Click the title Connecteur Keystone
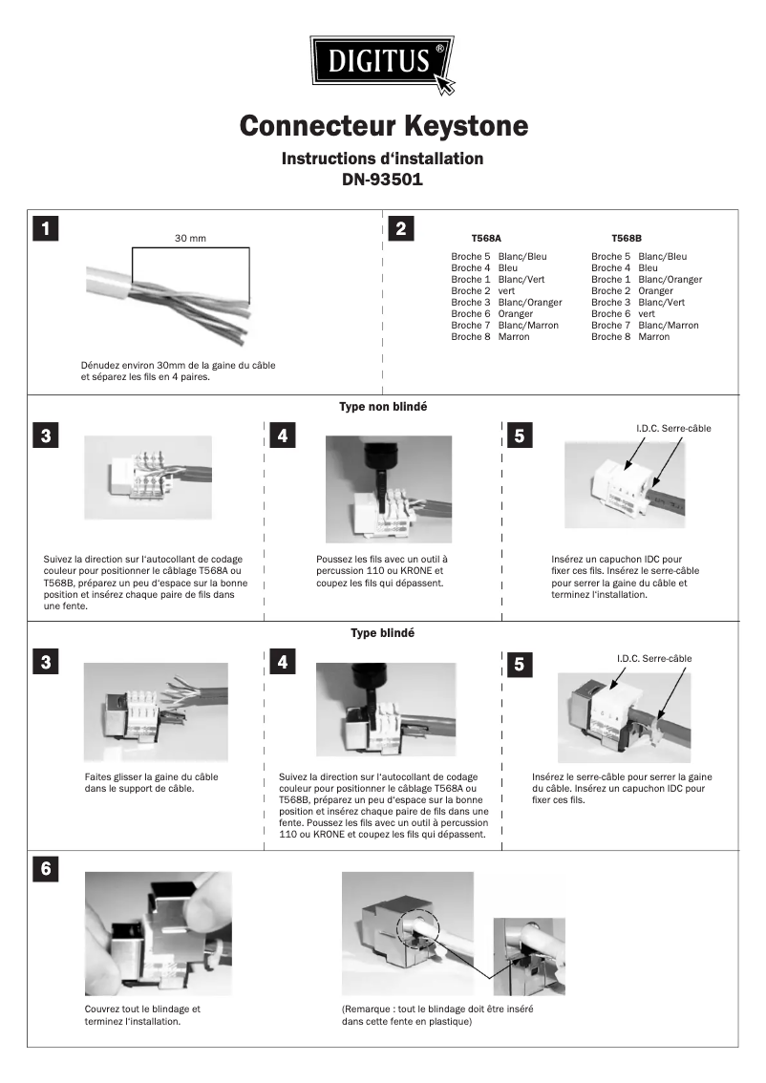(x=383, y=126)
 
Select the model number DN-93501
(x=382, y=179)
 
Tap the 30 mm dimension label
(x=190, y=238)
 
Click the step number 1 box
(x=45, y=229)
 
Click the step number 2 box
(x=401, y=229)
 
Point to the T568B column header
(x=627, y=238)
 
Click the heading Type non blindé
(x=383, y=407)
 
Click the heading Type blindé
(x=383, y=633)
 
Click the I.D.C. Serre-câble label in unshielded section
(x=673, y=429)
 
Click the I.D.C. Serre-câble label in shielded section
(x=654, y=659)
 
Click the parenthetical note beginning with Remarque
(x=437, y=1014)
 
